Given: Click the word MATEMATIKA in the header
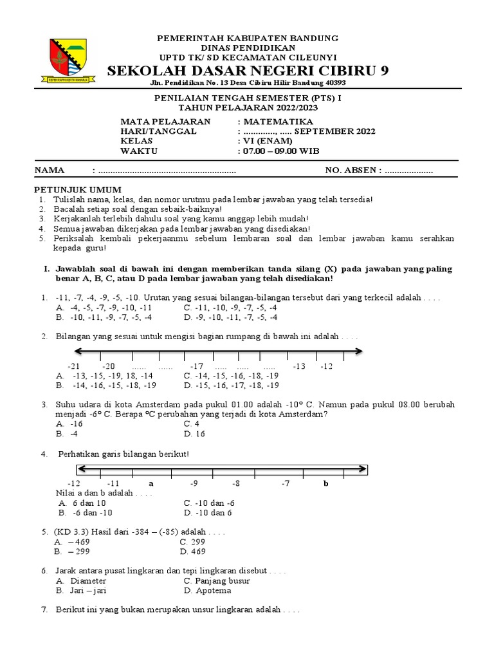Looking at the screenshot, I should pyautogui.click(x=277, y=122).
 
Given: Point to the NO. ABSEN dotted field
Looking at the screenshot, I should pyautogui.click(x=408, y=171).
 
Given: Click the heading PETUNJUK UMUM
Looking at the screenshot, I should pyautogui.click(x=77, y=190).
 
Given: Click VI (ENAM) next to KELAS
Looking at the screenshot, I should pyautogui.click(x=267, y=142).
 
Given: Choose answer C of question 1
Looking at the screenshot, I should pyautogui.click(x=230, y=308).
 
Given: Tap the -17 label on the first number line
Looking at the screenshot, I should pyautogui.click(x=196, y=366).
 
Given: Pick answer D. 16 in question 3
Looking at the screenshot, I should pyautogui.click(x=194, y=434).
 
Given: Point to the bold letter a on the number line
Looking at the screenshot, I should pyautogui.click(x=151, y=483).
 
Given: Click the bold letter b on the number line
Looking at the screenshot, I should pyautogui.click(x=325, y=483).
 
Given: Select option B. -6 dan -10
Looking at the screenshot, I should pyautogui.click(x=85, y=513).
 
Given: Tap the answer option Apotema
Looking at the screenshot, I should pyautogui.click(x=207, y=590).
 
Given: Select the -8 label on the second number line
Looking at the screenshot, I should pyautogui.click(x=236, y=483).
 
